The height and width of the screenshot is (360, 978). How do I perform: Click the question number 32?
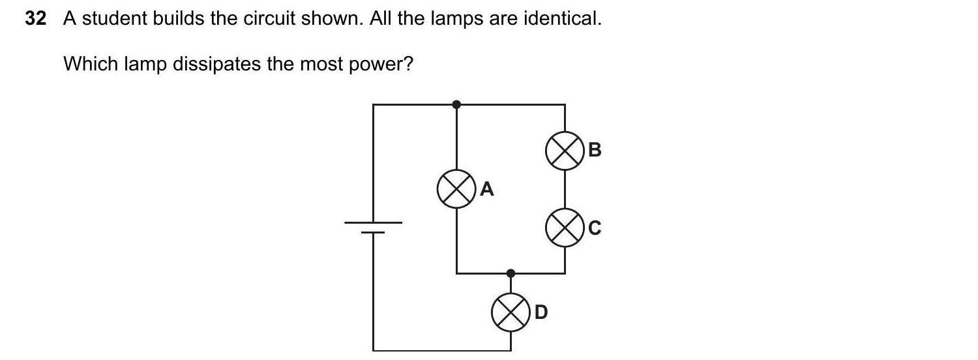(x=36, y=20)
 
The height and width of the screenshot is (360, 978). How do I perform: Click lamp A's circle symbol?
(x=456, y=190)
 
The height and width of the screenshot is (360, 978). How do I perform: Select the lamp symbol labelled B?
(x=564, y=151)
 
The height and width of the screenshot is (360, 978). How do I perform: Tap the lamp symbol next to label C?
(x=564, y=228)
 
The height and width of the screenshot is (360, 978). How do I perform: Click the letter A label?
(x=487, y=190)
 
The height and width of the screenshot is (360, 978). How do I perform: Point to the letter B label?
(x=595, y=150)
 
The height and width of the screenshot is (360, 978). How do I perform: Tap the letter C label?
(x=595, y=228)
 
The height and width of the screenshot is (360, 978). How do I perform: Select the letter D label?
(x=541, y=313)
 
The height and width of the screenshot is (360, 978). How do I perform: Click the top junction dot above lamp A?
(x=456, y=104)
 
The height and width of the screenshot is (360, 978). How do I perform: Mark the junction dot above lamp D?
(x=511, y=273)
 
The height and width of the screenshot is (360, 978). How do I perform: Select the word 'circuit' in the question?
(x=267, y=20)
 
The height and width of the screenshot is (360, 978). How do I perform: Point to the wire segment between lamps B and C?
(x=564, y=190)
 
